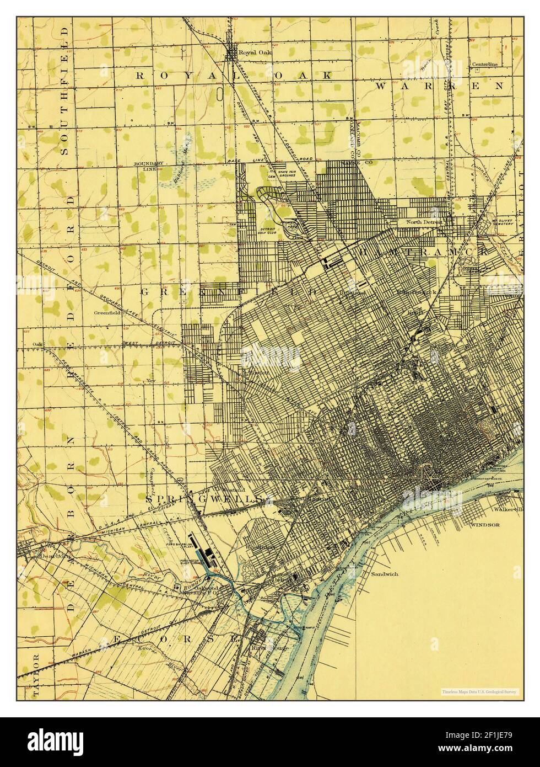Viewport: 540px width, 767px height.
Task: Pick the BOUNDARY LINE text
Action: click(x=149, y=167)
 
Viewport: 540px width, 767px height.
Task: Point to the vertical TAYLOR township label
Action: click(x=36, y=677)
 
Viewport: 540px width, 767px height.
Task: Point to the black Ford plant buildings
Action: click(x=202, y=551)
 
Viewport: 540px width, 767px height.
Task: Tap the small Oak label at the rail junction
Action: click(x=37, y=345)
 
